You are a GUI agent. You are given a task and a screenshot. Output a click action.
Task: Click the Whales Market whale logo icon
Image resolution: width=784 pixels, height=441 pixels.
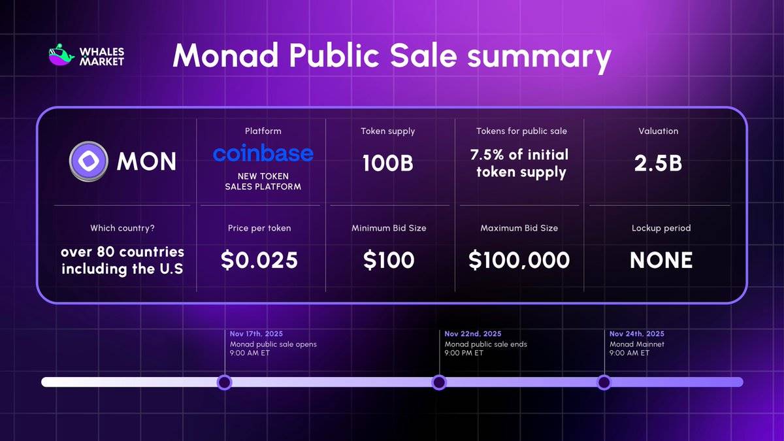click(x=61, y=56)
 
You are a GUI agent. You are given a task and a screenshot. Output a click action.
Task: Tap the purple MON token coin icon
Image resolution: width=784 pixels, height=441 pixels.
click(x=88, y=161)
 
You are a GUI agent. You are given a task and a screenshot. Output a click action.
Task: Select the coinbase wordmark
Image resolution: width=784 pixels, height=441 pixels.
click(x=263, y=154)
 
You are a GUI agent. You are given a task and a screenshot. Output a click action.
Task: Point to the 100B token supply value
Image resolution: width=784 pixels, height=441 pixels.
click(x=387, y=163)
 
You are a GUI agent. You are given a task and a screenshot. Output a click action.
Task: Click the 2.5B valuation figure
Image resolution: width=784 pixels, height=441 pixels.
click(x=658, y=163)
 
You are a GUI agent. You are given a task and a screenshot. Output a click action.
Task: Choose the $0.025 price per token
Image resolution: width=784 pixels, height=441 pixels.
click(x=259, y=260)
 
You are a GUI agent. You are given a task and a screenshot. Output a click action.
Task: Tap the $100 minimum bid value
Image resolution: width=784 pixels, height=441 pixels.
click(x=389, y=260)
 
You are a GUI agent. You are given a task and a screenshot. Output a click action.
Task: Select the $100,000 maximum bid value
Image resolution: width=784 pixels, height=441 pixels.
click(x=519, y=260)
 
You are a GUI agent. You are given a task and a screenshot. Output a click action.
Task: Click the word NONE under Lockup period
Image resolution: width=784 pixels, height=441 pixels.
click(x=661, y=261)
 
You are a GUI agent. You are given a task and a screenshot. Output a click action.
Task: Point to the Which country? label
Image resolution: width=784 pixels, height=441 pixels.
click(x=122, y=228)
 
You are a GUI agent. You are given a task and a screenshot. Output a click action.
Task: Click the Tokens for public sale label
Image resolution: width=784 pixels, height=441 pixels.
click(x=521, y=131)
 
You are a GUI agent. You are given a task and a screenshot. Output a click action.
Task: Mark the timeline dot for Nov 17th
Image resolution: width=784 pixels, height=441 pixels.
click(x=224, y=382)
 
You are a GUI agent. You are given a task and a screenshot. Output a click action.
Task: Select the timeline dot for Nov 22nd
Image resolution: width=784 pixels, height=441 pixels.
click(x=439, y=382)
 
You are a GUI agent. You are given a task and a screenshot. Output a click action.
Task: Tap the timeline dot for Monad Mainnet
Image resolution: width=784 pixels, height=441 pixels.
click(x=604, y=382)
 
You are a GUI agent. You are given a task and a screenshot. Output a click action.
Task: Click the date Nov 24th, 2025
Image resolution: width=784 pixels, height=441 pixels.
click(x=637, y=334)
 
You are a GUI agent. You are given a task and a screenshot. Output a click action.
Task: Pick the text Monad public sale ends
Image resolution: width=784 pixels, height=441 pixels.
click(x=485, y=344)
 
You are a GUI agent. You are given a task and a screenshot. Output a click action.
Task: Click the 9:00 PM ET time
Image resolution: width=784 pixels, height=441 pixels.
click(x=464, y=353)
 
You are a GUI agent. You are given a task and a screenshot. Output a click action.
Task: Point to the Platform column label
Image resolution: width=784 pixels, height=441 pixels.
click(x=263, y=131)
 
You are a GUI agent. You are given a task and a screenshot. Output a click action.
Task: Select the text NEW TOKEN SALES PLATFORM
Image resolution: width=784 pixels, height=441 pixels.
click(x=263, y=181)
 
